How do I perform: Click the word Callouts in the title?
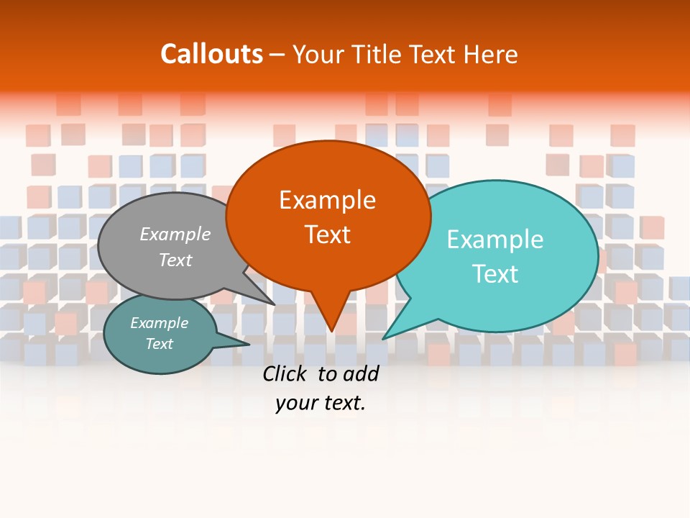[x=211, y=54]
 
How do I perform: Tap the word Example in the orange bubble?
[x=327, y=200]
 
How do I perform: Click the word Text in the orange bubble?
[x=327, y=235]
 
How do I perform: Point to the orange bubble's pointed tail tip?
[x=331, y=331]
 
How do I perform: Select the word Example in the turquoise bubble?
[x=494, y=240]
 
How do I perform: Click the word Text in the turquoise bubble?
[x=494, y=274]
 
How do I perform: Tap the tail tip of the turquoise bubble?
[x=383, y=338]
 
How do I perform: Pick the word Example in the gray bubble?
[x=175, y=234]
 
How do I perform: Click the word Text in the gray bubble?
[x=175, y=260]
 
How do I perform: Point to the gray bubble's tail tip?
[x=275, y=304]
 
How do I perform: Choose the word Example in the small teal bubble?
[x=159, y=323]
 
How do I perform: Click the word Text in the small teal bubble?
[x=159, y=344]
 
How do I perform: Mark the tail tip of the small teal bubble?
[x=249, y=345]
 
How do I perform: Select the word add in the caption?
[x=361, y=373]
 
